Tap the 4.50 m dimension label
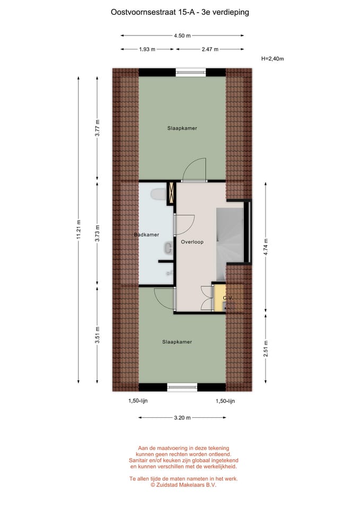point(182,36)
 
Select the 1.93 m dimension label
point(147,49)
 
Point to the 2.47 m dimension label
point(210,49)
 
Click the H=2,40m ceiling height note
point(273,59)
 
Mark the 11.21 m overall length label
point(78,230)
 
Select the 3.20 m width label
point(182,418)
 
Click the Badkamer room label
point(146,235)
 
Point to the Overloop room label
point(192,242)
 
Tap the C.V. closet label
point(228,299)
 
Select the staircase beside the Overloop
point(230,236)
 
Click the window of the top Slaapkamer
point(191,72)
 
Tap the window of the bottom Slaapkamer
point(182,387)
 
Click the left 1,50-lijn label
point(138,401)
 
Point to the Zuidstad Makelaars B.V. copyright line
point(183,485)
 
